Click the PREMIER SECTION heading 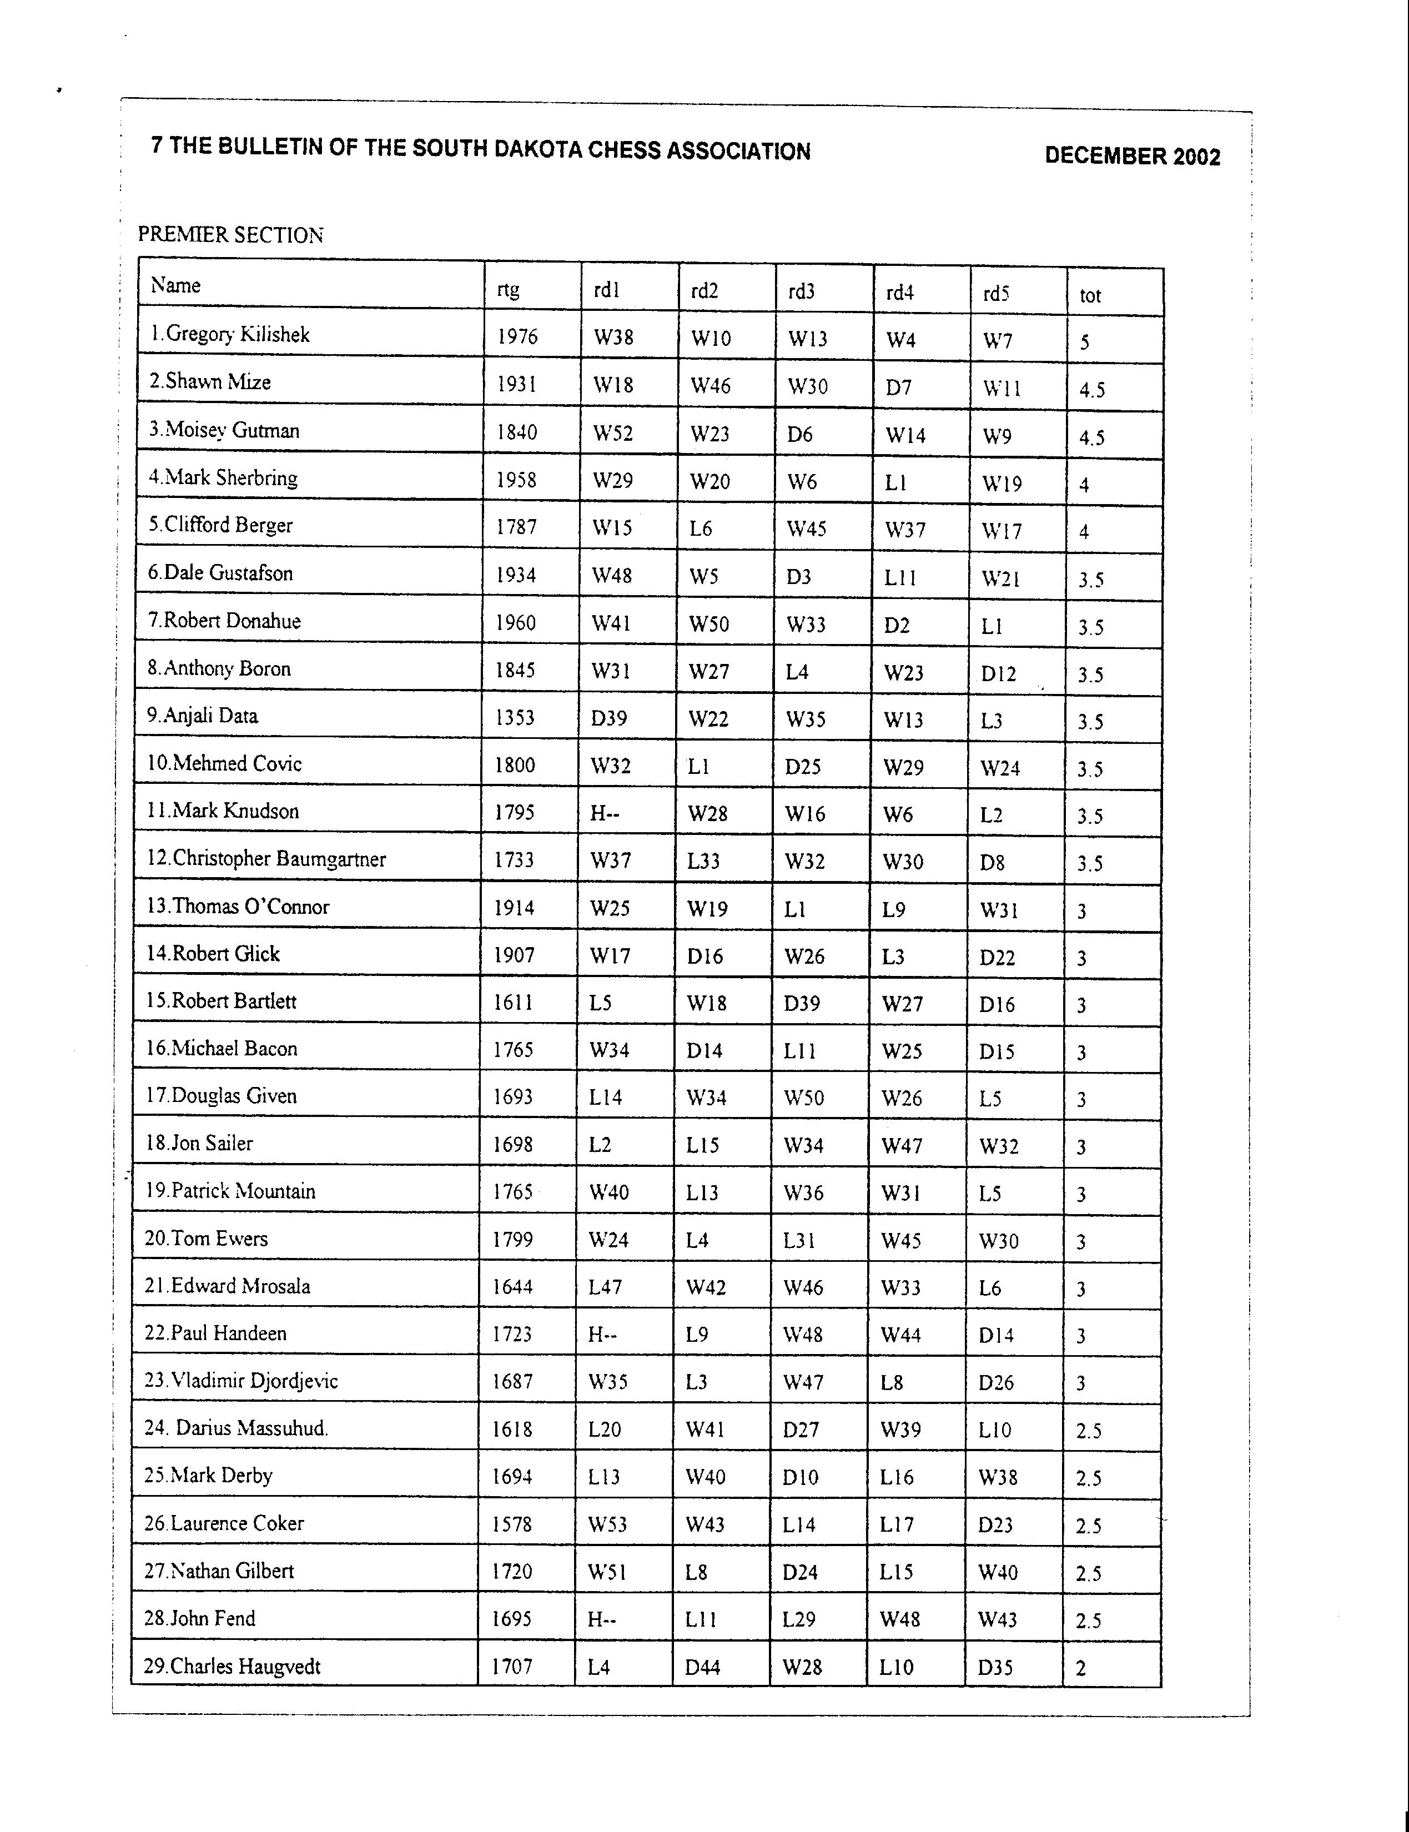coord(230,235)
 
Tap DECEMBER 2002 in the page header coord(1131,157)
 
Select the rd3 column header coord(801,291)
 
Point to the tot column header coord(1089,295)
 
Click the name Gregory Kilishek coord(230,335)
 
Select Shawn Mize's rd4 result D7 coord(898,387)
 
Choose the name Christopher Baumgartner coord(266,859)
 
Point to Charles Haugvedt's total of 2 coord(1080,1668)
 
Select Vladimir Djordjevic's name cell coord(241,1381)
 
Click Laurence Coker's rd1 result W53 coord(607,1524)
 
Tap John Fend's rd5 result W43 coord(997,1620)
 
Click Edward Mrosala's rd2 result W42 coord(706,1287)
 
